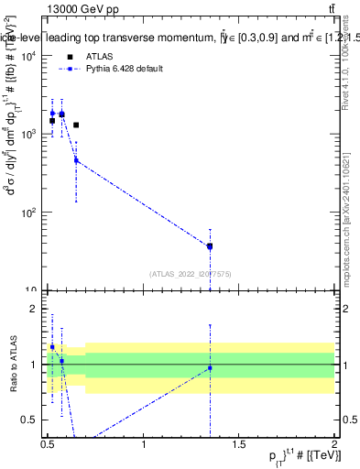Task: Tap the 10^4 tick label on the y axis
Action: (x=27, y=56)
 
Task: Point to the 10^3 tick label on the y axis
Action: (x=27, y=135)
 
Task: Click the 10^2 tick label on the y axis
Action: (x=27, y=213)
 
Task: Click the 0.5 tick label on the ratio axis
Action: (x=30, y=420)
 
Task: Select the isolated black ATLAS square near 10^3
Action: (x=76, y=125)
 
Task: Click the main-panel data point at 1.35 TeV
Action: (x=210, y=245)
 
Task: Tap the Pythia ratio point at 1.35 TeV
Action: (x=210, y=368)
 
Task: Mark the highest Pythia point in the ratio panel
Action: (x=52, y=347)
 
